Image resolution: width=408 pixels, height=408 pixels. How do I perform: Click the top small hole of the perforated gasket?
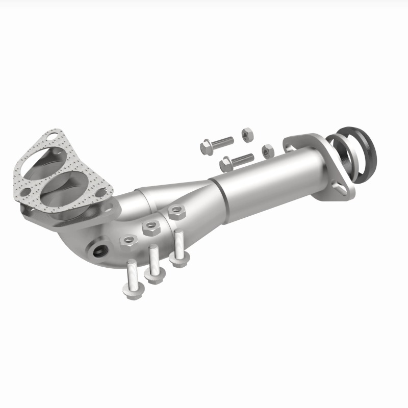click(x=52, y=136)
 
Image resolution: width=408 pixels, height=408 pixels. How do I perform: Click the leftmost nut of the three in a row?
click(x=127, y=239)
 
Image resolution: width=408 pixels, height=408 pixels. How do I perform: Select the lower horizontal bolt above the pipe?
click(x=237, y=161)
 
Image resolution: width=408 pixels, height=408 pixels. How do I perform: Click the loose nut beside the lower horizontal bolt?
click(x=267, y=150)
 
